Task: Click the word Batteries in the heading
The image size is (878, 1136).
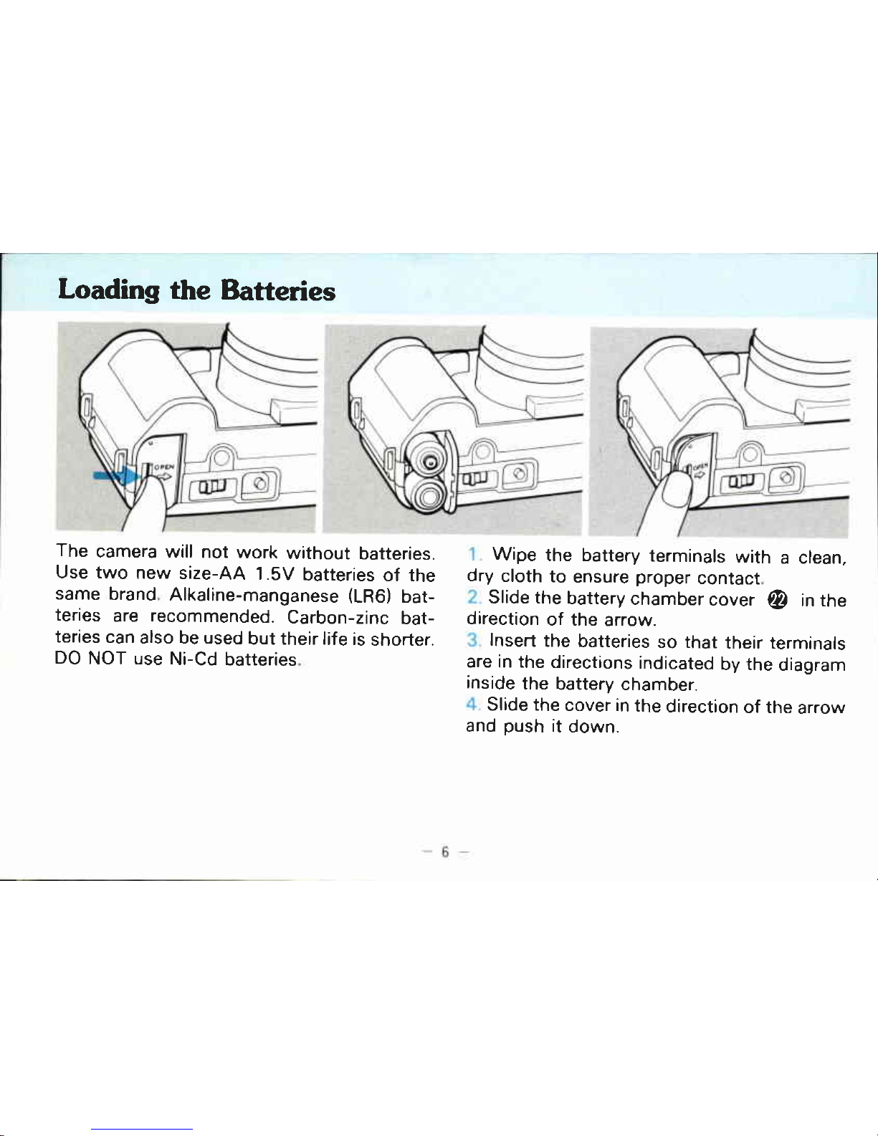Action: (x=277, y=290)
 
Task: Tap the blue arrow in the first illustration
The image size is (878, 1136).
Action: (x=117, y=475)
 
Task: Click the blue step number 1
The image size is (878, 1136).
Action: (x=472, y=554)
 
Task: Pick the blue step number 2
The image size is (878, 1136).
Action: (x=473, y=597)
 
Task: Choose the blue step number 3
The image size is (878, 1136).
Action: (x=473, y=640)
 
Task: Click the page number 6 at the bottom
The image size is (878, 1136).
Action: (x=445, y=852)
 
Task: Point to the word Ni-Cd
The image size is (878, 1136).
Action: (x=194, y=659)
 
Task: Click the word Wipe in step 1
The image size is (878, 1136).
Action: (x=515, y=555)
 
